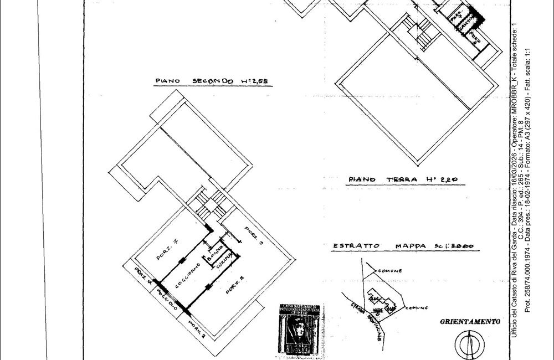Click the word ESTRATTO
pos(356,246)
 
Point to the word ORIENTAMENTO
pos(470,321)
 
